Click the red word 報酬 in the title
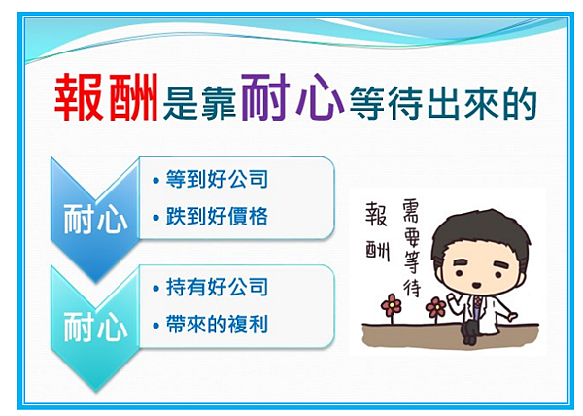(x=106, y=97)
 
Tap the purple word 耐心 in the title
(x=292, y=96)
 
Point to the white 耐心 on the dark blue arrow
(x=95, y=220)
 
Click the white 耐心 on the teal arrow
(x=95, y=327)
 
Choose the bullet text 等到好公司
(x=217, y=179)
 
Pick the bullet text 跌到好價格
(x=217, y=216)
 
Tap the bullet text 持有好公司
(x=217, y=287)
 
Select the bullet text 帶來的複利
(x=217, y=325)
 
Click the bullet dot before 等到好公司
(x=155, y=181)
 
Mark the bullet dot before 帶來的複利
(x=155, y=326)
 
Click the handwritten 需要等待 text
(x=412, y=248)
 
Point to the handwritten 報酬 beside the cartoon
(x=377, y=232)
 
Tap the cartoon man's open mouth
(x=476, y=285)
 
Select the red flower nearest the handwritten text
(x=392, y=305)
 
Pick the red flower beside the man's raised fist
(x=435, y=307)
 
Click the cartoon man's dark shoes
(x=469, y=337)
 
